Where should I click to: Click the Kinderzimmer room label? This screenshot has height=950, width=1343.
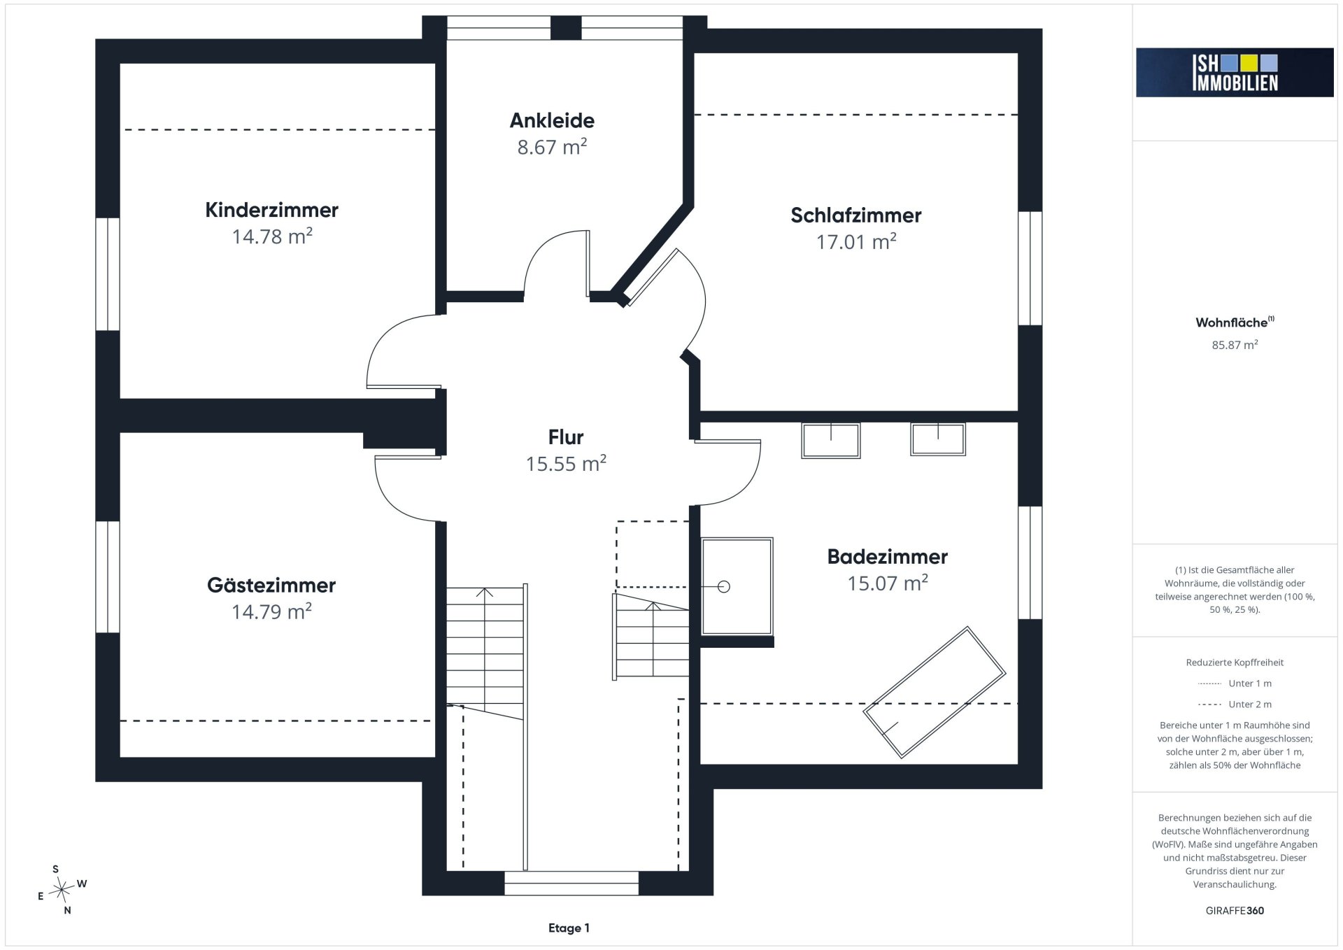(x=271, y=210)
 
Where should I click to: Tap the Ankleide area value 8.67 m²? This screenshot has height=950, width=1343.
(x=552, y=147)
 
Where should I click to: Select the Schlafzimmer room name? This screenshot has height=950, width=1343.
(x=856, y=215)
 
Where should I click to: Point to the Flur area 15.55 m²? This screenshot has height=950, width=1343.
(x=566, y=463)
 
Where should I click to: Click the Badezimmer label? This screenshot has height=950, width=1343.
(x=888, y=557)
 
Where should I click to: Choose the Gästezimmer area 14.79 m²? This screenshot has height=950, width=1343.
(x=271, y=611)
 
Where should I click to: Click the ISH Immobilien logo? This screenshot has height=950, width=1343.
(x=1235, y=72)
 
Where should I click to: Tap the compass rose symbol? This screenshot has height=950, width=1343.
(x=62, y=890)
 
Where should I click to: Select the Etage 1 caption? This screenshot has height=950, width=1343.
(x=569, y=928)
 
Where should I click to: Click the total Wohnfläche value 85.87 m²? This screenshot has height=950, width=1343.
(x=1235, y=345)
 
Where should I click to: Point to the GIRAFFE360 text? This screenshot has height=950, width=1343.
(x=1235, y=911)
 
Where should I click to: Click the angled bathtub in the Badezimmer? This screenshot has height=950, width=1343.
(x=934, y=693)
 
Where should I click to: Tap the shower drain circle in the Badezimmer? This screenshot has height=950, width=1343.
(x=724, y=587)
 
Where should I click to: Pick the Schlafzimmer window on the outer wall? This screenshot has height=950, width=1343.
(x=1030, y=269)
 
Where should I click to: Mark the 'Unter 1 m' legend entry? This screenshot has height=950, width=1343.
(x=1235, y=683)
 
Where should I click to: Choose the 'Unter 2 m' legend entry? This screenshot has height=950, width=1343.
(x=1235, y=704)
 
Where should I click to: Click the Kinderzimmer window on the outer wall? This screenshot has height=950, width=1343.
(x=108, y=274)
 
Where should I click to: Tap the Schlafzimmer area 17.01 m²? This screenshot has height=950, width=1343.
(x=856, y=242)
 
